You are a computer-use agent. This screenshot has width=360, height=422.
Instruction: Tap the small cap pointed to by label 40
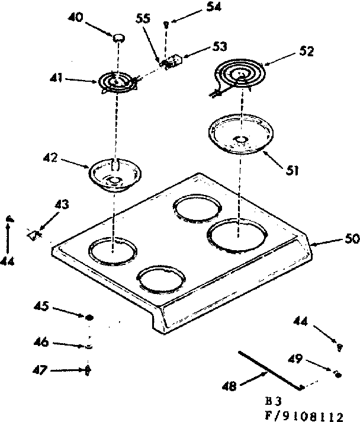pyautogui.click(x=120, y=37)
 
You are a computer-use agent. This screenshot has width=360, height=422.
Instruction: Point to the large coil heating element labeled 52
pyautogui.click(x=237, y=76)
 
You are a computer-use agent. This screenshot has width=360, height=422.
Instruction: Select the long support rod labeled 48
pyautogui.click(x=270, y=369)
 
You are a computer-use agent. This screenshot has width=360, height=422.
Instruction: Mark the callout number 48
pyautogui.click(x=228, y=386)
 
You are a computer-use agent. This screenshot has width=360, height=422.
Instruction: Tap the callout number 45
pyautogui.click(x=41, y=306)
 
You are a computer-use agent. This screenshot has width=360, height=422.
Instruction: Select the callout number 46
pyautogui.click(x=41, y=343)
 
